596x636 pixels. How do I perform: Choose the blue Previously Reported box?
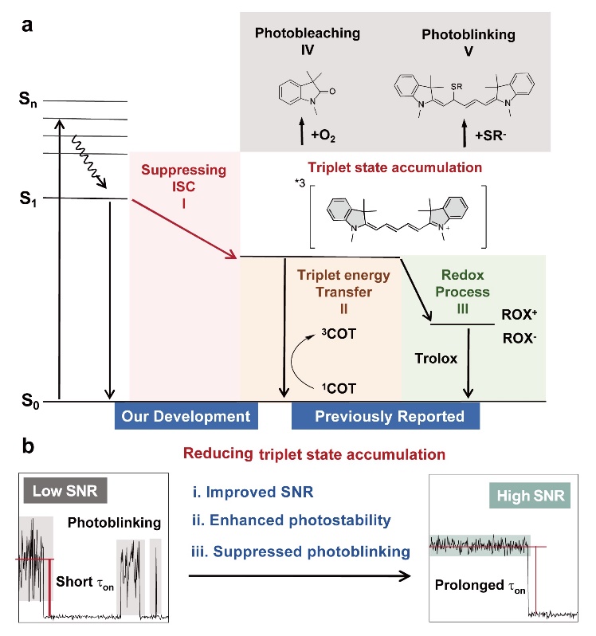pyautogui.click(x=385, y=416)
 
